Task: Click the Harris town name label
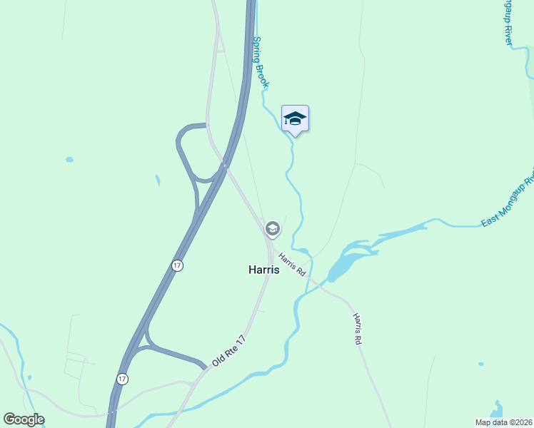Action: pos(263,270)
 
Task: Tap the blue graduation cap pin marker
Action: pos(295,118)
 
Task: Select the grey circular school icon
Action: pos(271,229)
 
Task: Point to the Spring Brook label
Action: pos(261,63)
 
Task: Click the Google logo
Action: pos(24,419)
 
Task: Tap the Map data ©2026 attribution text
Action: pos(504,422)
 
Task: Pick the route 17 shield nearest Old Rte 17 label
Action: pos(123,379)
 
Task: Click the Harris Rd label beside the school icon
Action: pos(292,265)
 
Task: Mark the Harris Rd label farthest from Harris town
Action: pos(357,329)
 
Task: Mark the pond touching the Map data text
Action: pos(496,412)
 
